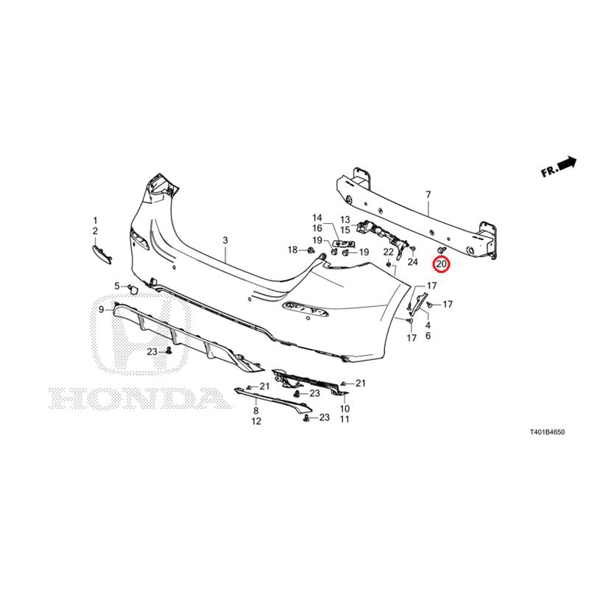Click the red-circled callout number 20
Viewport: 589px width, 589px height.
pos(441,264)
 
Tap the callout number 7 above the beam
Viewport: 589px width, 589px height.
pos(428,195)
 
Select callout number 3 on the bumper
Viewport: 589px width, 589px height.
pos(225,240)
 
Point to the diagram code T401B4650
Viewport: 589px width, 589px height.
pos(547,432)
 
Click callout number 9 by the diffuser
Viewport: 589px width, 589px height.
pos(102,309)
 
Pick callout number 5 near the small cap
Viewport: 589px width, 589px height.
pos(117,286)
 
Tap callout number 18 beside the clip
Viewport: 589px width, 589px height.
pos(292,250)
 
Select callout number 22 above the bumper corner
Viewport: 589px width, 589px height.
pos(389,253)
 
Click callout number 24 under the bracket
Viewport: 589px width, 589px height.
pos(412,261)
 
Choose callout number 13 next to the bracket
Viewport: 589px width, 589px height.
pos(345,219)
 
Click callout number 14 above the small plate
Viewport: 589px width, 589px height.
pos(317,217)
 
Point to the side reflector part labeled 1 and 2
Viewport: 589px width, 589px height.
pos(102,254)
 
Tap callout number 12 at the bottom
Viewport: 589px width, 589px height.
pos(256,421)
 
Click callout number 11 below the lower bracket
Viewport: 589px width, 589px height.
pos(345,419)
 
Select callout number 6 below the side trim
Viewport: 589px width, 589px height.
pos(428,336)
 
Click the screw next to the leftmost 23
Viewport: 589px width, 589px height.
pos(169,351)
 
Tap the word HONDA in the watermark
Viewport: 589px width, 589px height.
pos(140,398)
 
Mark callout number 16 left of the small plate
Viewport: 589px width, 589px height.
pos(317,228)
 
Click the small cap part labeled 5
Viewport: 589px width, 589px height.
pos(133,289)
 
